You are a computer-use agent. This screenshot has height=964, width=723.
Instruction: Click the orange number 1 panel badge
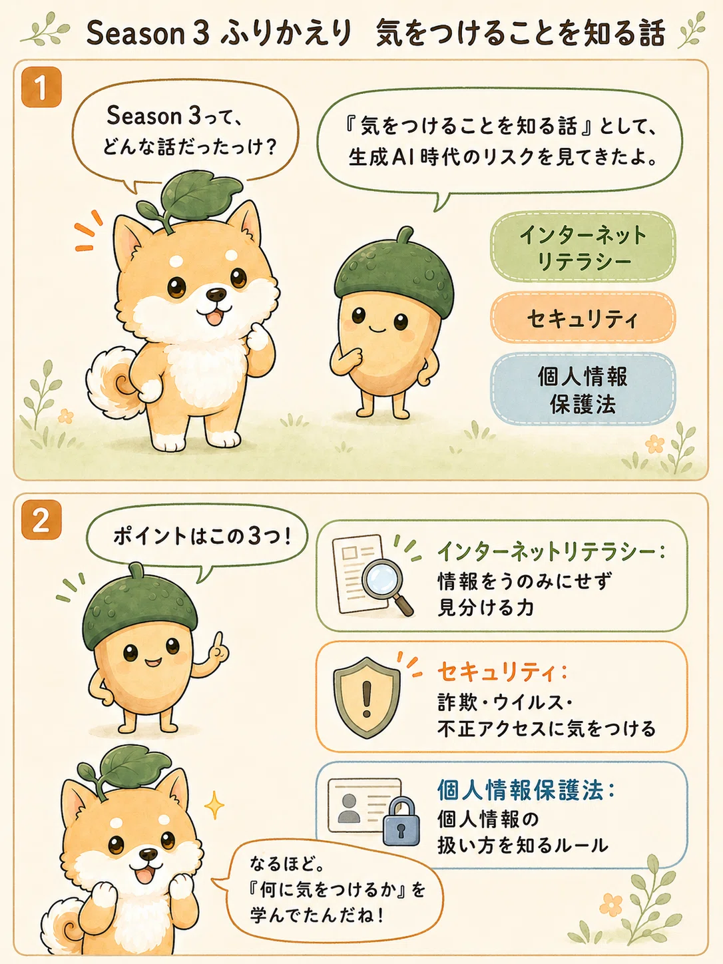coord(41,87)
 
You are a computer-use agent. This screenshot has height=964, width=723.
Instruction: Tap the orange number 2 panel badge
coord(41,519)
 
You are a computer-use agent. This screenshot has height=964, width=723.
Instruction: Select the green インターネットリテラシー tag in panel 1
coord(583,247)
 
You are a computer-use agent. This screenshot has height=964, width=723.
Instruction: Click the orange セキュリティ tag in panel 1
coord(583,318)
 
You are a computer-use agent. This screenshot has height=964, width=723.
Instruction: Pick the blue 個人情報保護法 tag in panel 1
coord(583,389)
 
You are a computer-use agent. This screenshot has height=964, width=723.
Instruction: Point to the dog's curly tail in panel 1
coord(113,381)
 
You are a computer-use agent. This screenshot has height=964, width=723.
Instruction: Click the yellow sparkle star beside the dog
coord(214,805)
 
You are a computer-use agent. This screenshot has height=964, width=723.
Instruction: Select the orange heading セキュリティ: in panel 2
coord(502,672)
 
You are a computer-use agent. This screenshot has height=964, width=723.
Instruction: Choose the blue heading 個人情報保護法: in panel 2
coord(525,790)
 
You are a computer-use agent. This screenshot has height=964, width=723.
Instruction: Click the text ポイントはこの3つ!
coord(202,537)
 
